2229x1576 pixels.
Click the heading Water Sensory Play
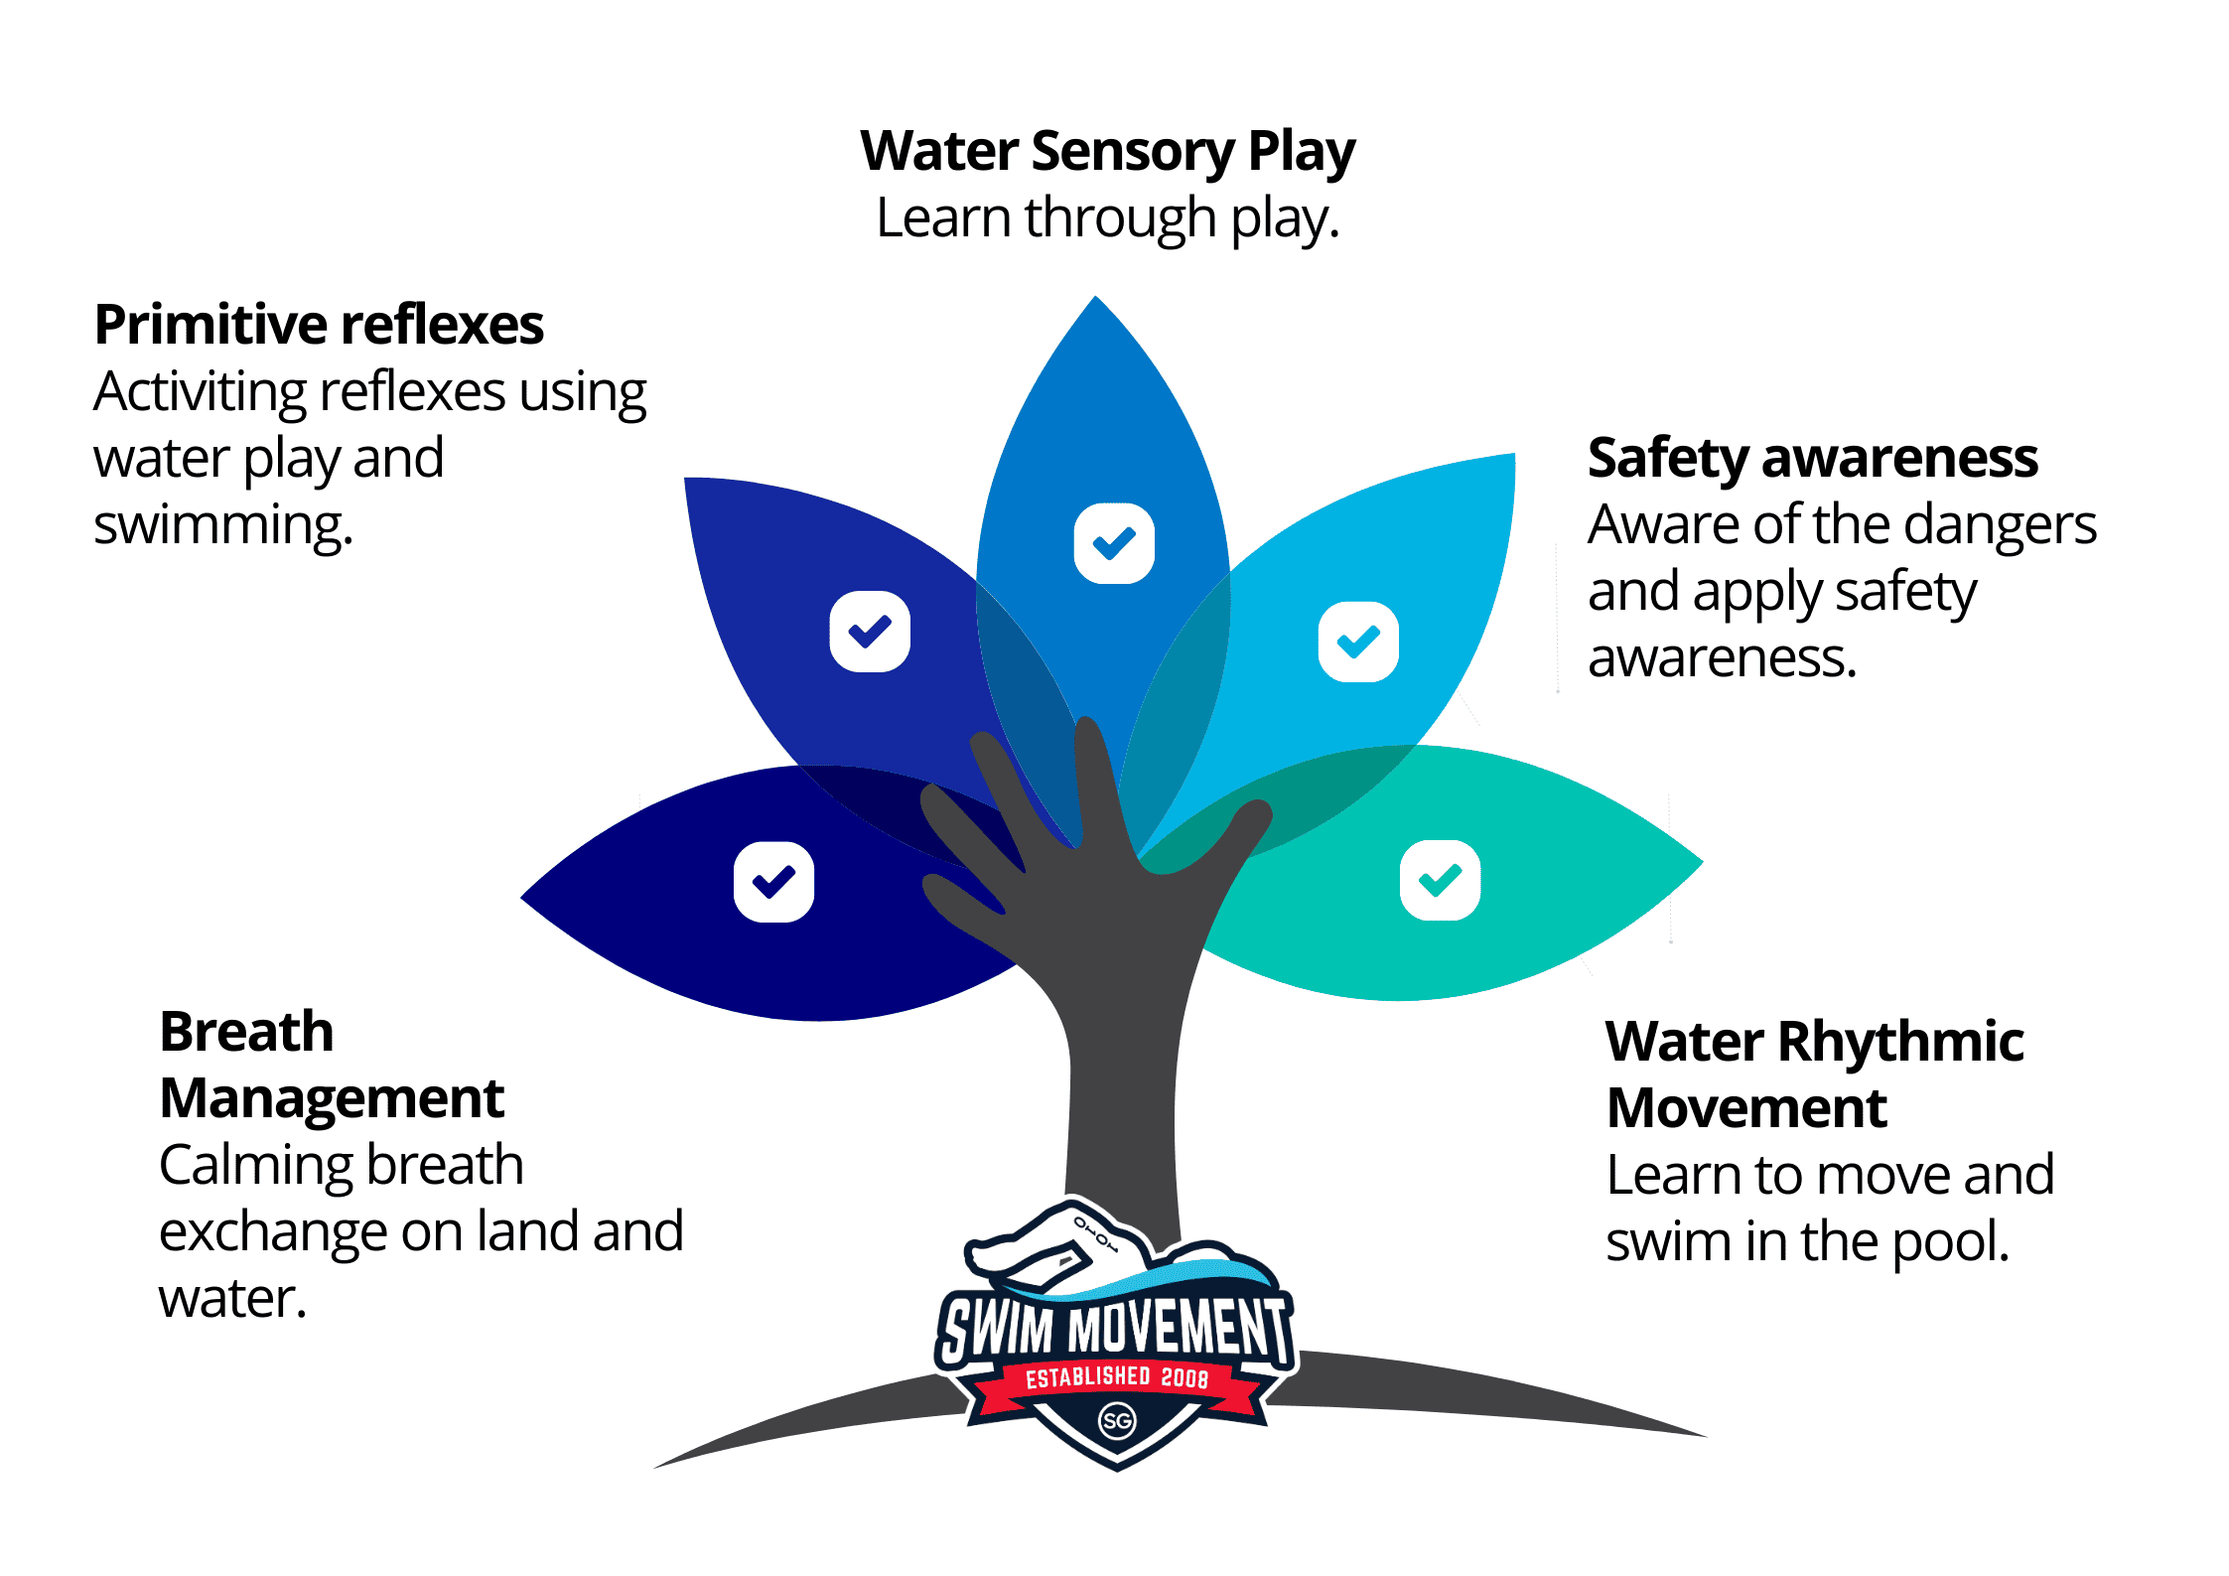point(1107,151)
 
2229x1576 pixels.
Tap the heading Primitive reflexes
point(319,325)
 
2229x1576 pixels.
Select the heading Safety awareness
point(1812,458)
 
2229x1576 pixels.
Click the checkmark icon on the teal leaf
point(1440,880)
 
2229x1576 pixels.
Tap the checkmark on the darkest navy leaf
point(773,882)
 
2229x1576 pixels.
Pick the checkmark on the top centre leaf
point(1114,543)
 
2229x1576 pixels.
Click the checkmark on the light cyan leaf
point(1358,642)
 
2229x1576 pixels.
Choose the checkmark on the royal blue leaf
point(870,632)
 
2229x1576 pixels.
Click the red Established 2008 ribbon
point(1116,1378)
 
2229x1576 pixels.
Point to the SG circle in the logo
point(1117,1421)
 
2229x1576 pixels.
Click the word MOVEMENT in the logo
point(1177,1327)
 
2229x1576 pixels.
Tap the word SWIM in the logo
point(997,1329)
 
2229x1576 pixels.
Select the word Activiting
point(200,392)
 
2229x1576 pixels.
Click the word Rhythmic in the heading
point(1899,1042)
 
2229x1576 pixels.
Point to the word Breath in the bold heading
point(246,1032)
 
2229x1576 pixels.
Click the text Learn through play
point(1107,218)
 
